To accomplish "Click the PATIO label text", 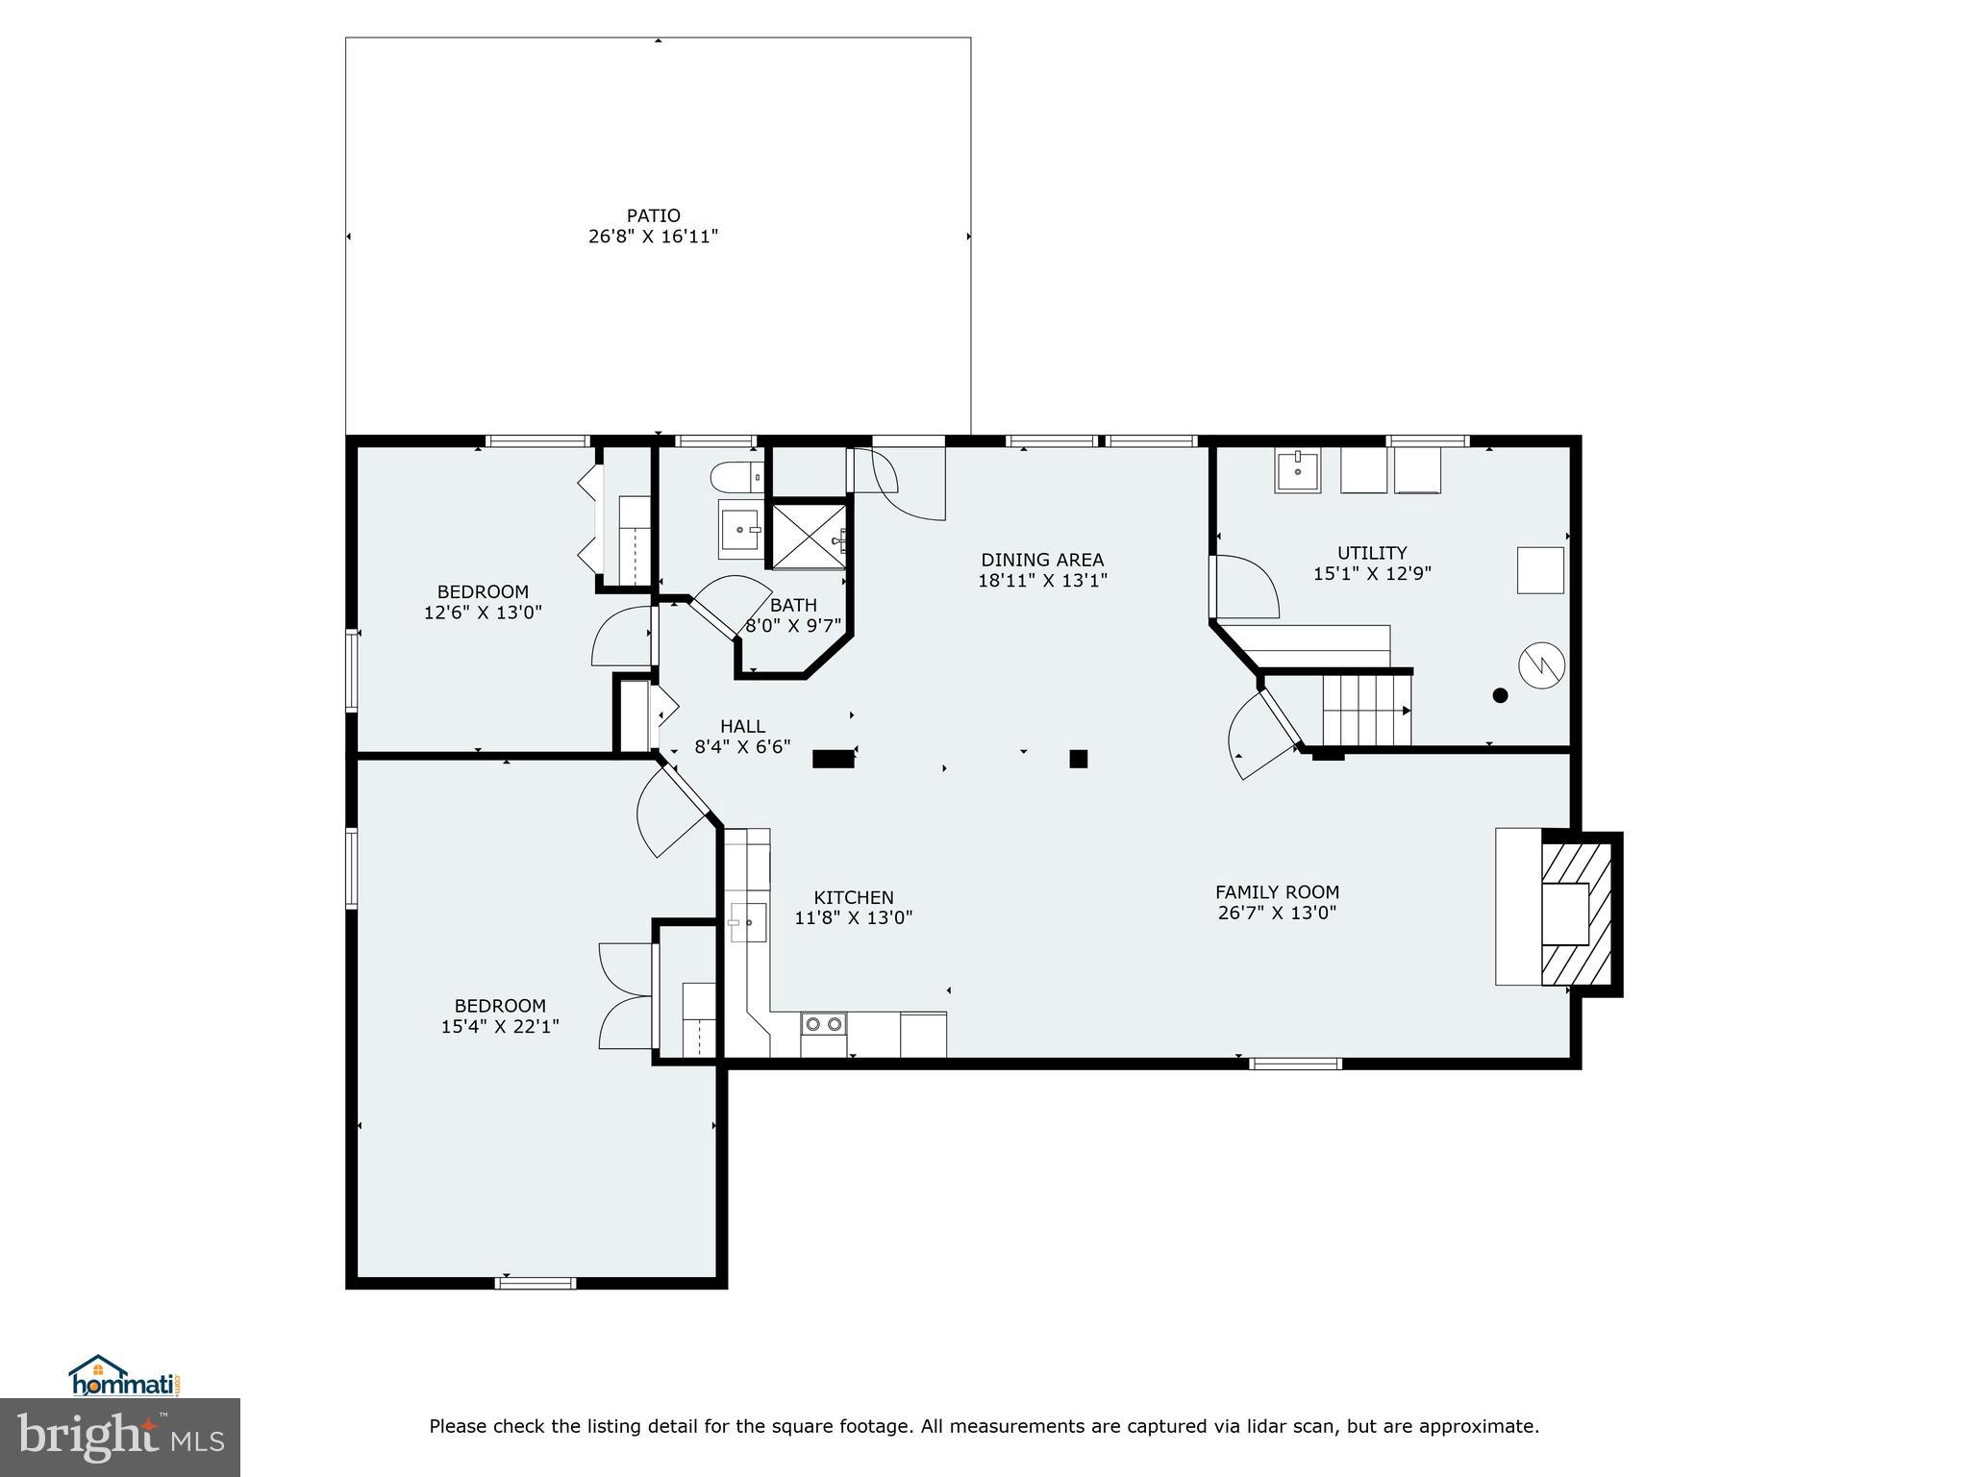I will point(653,215).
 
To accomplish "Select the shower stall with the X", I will point(809,536).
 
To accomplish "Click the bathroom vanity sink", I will point(740,530).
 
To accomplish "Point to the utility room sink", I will point(1298,471).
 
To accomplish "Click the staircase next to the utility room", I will point(1365,710).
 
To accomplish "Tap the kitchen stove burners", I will point(824,1024).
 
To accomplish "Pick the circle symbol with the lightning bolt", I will point(1541,664).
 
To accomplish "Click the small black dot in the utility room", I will point(1500,695).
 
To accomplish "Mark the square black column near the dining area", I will point(1078,759).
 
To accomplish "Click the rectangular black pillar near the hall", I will point(833,759).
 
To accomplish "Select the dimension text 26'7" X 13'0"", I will point(1277,913).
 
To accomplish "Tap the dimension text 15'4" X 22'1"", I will point(500,1027).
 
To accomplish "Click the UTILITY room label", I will point(1372,553).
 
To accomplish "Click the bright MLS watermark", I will point(120,1437).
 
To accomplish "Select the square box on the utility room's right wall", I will point(1540,570).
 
